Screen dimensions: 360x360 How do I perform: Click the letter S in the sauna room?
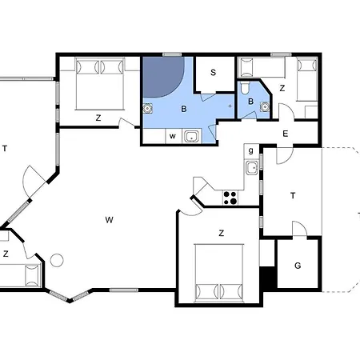click(x=213, y=72)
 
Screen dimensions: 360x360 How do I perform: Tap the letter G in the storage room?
click(x=298, y=266)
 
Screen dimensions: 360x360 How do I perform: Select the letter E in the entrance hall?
click(x=286, y=134)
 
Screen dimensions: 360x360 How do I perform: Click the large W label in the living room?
click(x=109, y=220)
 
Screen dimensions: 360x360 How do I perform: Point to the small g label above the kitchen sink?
click(x=250, y=151)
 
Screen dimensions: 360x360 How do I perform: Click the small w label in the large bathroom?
click(x=173, y=136)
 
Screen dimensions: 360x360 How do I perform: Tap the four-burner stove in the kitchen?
click(x=230, y=198)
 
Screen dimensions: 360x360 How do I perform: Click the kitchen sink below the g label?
click(x=252, y=168)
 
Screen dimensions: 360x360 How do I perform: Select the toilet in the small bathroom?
click(x=245, y=88)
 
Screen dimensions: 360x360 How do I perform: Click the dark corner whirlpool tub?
click(x=162, y=76)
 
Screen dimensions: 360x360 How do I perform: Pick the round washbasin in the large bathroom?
click(x=147, y=109)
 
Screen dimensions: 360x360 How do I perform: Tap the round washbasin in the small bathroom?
click(x=265, y=106)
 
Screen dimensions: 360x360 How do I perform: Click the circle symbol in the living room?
click(x=57, y=260)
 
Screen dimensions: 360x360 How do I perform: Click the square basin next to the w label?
click(x=191, y=137)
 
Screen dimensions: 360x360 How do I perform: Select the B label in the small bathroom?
click(x=250, y=102)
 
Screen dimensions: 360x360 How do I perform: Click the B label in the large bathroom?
click(x=184, y=109)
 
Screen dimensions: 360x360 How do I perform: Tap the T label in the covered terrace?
click(x=293, y=196)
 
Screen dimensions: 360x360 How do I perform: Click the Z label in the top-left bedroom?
click(x=98, y=118)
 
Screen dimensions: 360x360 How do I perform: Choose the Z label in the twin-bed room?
click(x=282, y=88)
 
